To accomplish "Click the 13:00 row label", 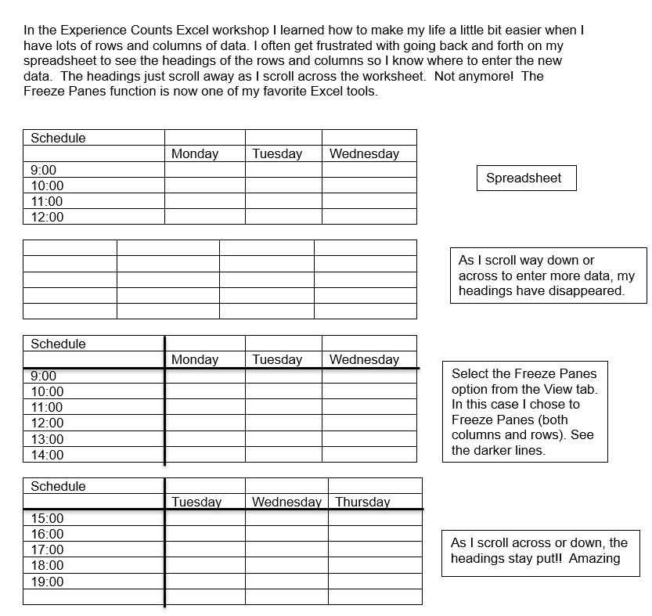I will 47,439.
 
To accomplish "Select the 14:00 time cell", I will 47,455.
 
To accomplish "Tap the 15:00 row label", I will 47,518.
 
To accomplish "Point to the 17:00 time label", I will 47,549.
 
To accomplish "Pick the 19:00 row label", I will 47,582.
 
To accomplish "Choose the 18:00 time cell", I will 47,565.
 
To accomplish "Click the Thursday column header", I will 362,502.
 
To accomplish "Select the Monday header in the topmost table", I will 195,153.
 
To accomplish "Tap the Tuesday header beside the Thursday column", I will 196,502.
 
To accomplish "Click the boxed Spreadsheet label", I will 524,178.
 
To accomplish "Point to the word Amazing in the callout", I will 594,558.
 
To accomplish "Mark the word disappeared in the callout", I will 588,290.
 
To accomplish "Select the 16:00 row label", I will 47,534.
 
